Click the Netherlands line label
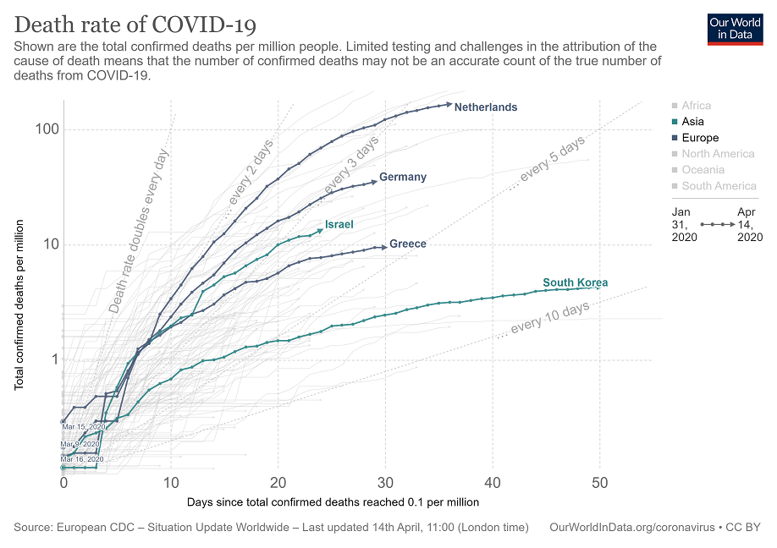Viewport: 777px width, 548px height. [x=485, y=107]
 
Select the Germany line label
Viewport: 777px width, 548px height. [x=403, y=178]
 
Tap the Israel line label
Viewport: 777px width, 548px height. [x=339, y=225]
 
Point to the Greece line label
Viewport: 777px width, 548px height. [x=408, y=244]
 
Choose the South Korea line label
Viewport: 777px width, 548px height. [x=576, y=283]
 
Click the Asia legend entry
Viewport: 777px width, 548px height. [x=692, y=122]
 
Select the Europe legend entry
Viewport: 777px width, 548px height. [x=699, y=138]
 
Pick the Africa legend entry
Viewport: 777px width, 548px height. [x=696, y=106]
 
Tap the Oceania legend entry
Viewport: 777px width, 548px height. [x=703, y=170]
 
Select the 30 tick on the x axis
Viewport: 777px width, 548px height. [x=385, y=482]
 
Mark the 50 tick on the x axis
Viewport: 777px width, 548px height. [x=600, y=482]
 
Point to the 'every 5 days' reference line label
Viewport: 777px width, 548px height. [x=553, y=160]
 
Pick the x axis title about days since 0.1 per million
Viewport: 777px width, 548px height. [x=333, y=501]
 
